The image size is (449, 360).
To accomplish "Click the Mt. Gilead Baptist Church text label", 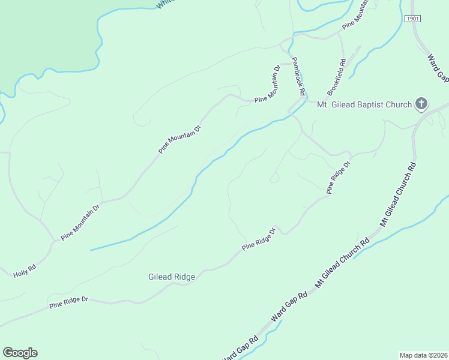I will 364,105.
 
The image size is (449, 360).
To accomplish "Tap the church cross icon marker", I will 421,104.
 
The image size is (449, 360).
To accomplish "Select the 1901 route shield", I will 412,19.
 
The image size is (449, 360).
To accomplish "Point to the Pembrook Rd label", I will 299,77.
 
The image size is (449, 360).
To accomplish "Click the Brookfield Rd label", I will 337,77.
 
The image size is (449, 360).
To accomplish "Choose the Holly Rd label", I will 25,271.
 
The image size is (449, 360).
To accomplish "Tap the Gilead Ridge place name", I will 172,277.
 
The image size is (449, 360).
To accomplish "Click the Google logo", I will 20,353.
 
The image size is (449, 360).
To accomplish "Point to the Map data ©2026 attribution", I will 423,355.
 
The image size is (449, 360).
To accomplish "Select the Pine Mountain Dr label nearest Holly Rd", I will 80,221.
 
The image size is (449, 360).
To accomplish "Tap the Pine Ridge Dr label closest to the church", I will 338,177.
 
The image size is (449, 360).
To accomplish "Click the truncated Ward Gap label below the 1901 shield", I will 438,68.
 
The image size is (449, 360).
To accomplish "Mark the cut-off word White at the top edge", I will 165,4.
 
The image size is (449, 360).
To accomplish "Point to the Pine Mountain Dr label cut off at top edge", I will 356,17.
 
